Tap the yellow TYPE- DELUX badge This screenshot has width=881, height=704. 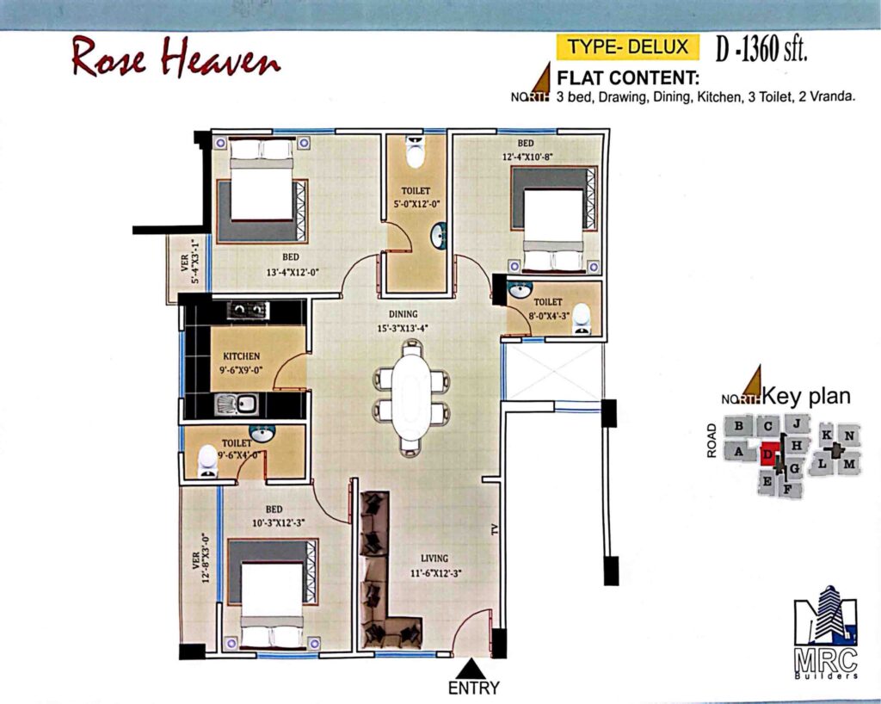[x=627, y=46]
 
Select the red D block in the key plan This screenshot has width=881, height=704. [x=768, y=453]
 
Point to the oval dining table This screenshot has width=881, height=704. [x=412, y=396]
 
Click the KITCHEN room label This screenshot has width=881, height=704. [x=242, y=356]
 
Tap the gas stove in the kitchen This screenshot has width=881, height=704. [x=248, y=310]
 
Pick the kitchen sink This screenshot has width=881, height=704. [x=237, y=404]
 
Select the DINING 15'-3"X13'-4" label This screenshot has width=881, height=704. [x=403, y=321]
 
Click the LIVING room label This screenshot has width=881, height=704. [x=434, y=558]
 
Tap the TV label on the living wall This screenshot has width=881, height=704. [x=495, y=528]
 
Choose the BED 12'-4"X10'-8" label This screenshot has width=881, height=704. [x=526, y=150]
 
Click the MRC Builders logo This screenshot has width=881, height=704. [x=826, y=632]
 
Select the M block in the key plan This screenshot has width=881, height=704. [x=849, y=464]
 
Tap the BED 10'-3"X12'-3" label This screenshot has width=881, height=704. [x=274, y=516]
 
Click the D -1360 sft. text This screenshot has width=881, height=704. [x=761, y=49]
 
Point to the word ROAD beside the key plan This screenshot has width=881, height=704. [x=712, y=441]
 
